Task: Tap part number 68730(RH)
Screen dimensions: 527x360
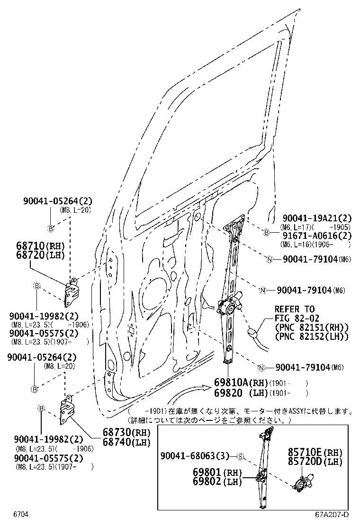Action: coord(126,433)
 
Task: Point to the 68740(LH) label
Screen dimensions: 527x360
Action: coord(126,442)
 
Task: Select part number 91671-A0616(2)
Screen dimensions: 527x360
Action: coord(317,236)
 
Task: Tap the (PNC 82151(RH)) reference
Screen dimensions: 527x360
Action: coord(311,327)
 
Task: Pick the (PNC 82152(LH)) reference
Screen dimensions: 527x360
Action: coord(311,336)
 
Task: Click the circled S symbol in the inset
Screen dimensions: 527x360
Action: coord(240,457)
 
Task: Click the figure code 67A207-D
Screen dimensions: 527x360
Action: coord(333,515)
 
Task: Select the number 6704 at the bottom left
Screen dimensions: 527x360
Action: coord(20,515)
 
